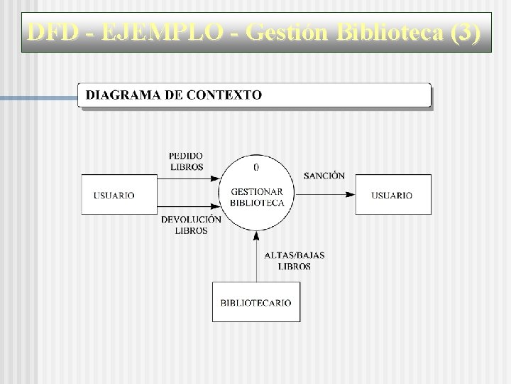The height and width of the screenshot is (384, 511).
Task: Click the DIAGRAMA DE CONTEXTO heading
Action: pyautogui.click(x=174, y=95)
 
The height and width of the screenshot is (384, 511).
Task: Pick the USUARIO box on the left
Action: pyautogui.click(x=114, y=195)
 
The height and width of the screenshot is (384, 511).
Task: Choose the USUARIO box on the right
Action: pyautogui.click(x=391, y=195)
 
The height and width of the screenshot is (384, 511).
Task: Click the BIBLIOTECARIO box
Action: pyautogui.click(x=255, y=302)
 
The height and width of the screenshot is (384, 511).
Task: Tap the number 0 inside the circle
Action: pyautogui.click(x=256, y=168)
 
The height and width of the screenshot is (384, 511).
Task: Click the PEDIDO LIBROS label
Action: pyautogui.click(x=186, y=161)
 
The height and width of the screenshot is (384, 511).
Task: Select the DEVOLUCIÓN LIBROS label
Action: pyautogui.click(x=191, y=225)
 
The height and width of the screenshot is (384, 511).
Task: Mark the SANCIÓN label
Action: pyautogui.click(x=324, y=175)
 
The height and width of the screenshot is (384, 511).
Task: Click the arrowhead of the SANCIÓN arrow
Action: pyautogui.click(x=351, y=194)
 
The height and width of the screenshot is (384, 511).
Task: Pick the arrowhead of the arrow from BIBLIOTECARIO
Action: pyautogui.click(x=256, y=235)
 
